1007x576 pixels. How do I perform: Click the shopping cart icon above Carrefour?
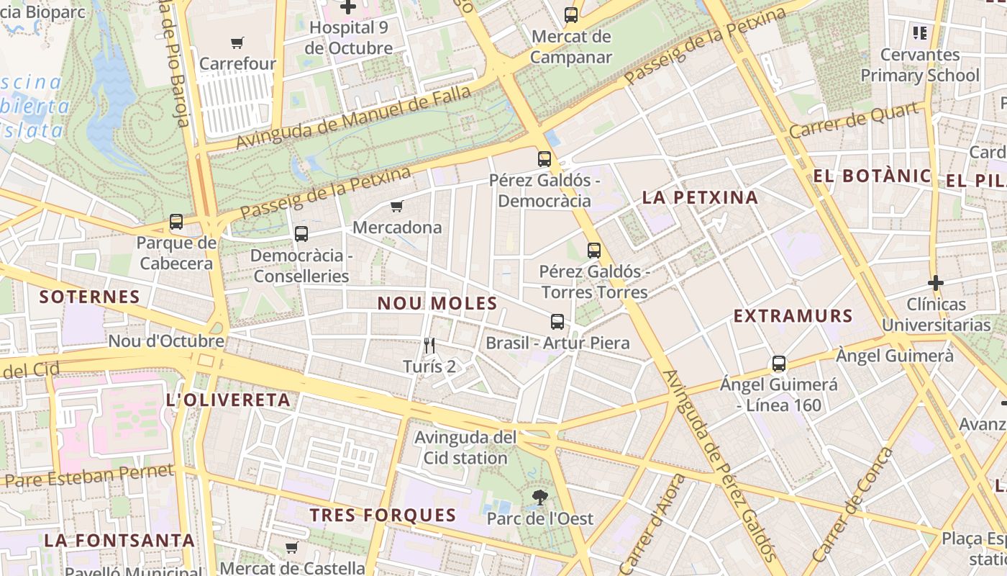(237, 42)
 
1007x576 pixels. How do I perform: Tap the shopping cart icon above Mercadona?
(396, 207)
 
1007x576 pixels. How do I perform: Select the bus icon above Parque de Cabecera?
(176, 222)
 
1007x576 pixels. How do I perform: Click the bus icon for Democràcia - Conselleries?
(301, 234)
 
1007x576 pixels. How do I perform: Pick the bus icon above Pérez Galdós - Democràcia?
(544, 159)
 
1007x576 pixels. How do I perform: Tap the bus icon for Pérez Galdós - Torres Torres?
(594, 251)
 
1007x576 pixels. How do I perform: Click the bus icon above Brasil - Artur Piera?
(557, 322)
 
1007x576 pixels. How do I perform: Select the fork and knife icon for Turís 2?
(429, 346)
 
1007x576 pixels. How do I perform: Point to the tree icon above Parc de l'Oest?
(539, 497)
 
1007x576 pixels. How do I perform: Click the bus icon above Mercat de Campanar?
(571, 15)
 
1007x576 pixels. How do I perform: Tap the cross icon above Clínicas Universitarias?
(935, 283)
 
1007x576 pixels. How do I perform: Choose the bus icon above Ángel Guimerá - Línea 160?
(779, 364)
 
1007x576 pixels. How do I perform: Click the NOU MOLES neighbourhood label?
(437, 304)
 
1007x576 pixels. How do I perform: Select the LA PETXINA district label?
(700, 197)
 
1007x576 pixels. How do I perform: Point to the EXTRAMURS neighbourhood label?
(793, 316)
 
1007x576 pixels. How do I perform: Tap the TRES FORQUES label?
(383, 515)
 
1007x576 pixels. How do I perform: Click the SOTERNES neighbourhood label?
(90, 297)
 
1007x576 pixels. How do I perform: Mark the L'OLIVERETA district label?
(228, 400)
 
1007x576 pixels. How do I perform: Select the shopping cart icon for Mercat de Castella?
(291, 548)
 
